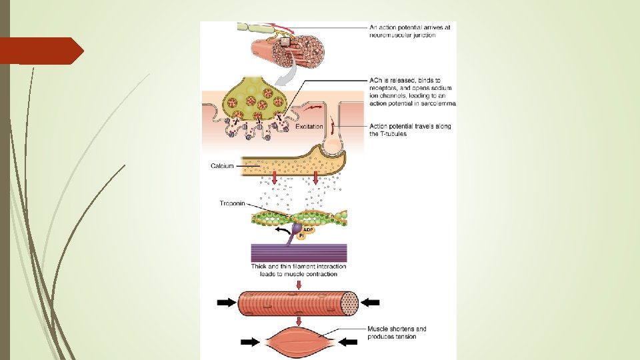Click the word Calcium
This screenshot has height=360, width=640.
coord(222,166)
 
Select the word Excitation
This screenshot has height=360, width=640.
coord(309,127)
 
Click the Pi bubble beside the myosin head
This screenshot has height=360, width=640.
coord(301,235)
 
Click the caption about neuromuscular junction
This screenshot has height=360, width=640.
coord(410,31)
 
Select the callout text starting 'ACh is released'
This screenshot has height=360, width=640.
coord(412,92)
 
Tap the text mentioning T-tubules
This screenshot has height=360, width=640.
coord(409,130)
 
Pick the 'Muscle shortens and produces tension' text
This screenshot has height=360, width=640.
coord(397,333)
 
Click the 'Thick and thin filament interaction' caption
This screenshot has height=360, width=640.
coord(299,270)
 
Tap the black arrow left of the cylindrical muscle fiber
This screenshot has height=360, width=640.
coord(227,303)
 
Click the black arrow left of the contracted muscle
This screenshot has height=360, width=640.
coord(251,343)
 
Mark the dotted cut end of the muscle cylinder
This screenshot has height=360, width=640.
coord(350,303)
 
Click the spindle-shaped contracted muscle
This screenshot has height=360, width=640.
coord(299,342)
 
